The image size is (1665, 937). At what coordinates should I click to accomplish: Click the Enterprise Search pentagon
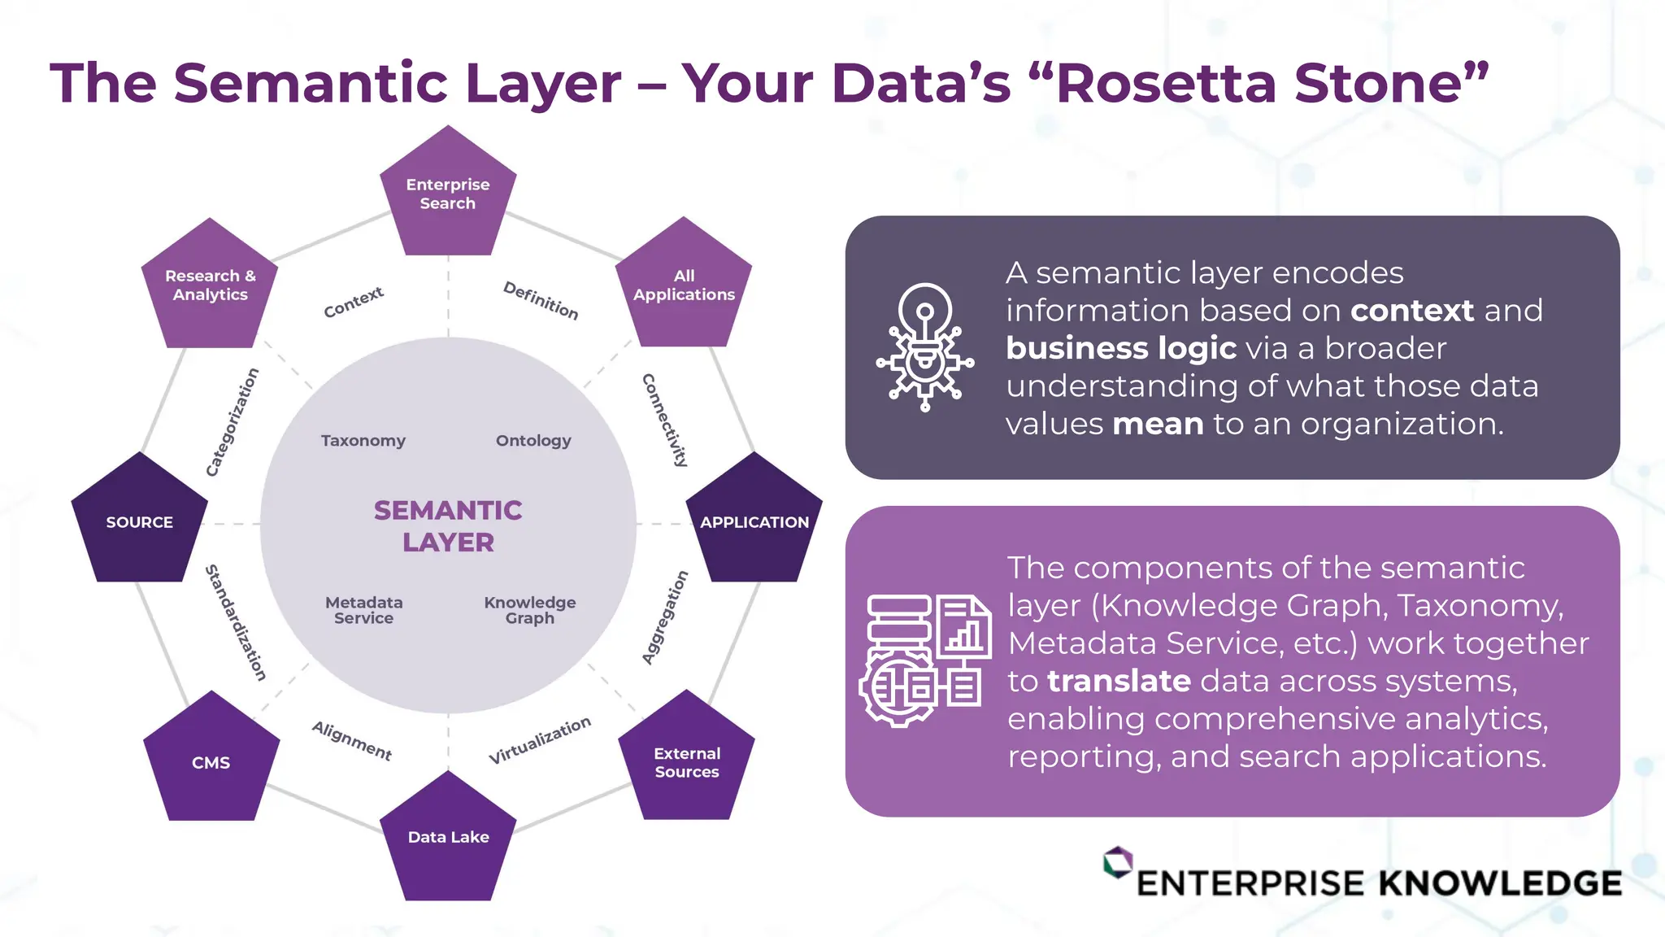coord(448,194)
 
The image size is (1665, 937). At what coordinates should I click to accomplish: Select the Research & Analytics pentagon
coord(210,285)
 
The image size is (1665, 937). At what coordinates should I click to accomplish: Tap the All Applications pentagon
coord(684,285)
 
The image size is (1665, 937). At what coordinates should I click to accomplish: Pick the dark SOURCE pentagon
coord(140,521)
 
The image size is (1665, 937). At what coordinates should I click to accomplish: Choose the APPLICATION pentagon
coord(754,521)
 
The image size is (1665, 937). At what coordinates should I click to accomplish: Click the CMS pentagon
coord(211,762)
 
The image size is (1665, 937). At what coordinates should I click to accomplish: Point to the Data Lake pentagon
coord(448,837)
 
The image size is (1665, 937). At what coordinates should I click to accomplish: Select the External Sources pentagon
coord(687,762)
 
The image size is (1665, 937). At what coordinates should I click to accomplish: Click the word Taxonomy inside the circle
coord(363,441)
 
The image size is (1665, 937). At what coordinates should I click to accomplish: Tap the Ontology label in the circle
coord(533,441)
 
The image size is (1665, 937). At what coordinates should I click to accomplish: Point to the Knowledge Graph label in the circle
coord(530,610)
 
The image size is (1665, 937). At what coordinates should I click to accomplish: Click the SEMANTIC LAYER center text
coord(448,525)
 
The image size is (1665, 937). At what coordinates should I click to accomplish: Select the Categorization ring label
coord(232,421)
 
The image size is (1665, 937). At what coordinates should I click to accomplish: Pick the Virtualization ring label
coord(540,740)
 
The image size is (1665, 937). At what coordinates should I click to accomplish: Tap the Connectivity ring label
coord(665,420)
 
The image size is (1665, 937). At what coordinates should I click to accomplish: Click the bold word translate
coord(1119,681)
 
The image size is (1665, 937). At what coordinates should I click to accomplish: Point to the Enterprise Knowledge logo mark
coord(1118,862)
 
